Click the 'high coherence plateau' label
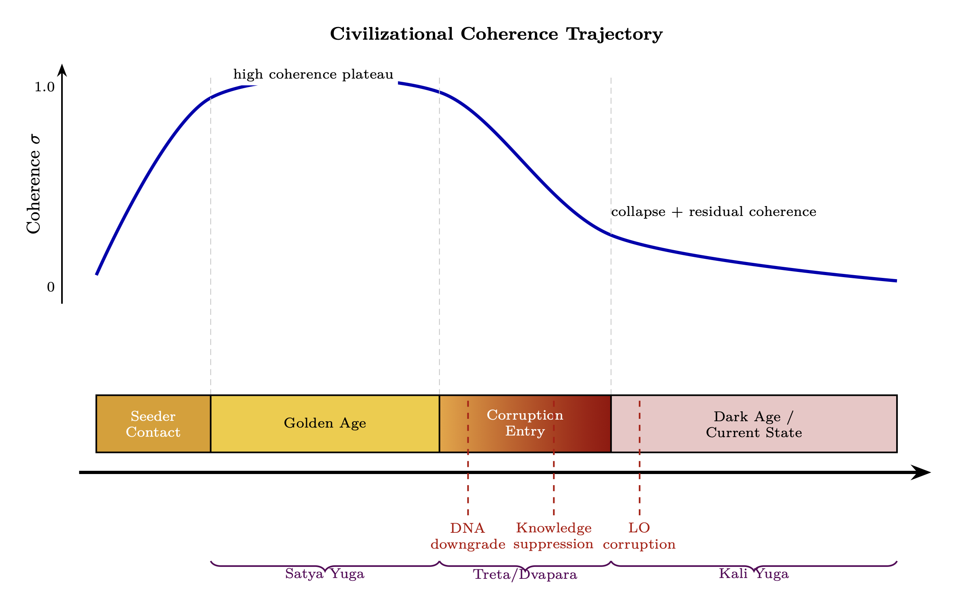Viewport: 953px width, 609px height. click(313, 75)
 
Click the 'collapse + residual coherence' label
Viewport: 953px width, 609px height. click(714, 212)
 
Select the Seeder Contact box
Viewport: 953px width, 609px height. click(153, 424)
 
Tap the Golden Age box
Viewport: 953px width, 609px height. click(325, 424)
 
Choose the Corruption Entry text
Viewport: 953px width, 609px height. click(525, 423)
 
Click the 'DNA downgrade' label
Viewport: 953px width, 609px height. click(468, 536)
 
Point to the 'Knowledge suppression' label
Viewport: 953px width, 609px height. click(554, 536)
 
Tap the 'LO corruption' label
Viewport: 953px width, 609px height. click(639, 536)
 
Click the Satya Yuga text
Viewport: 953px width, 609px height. click(325, 574)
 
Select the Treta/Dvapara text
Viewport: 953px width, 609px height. click(525, 574)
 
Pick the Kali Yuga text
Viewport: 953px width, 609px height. click(754, 574)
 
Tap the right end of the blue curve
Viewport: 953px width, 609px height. click(895, 281)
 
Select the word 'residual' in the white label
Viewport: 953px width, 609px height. click(716, 212)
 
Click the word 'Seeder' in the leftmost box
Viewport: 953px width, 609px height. click(153, 416)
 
